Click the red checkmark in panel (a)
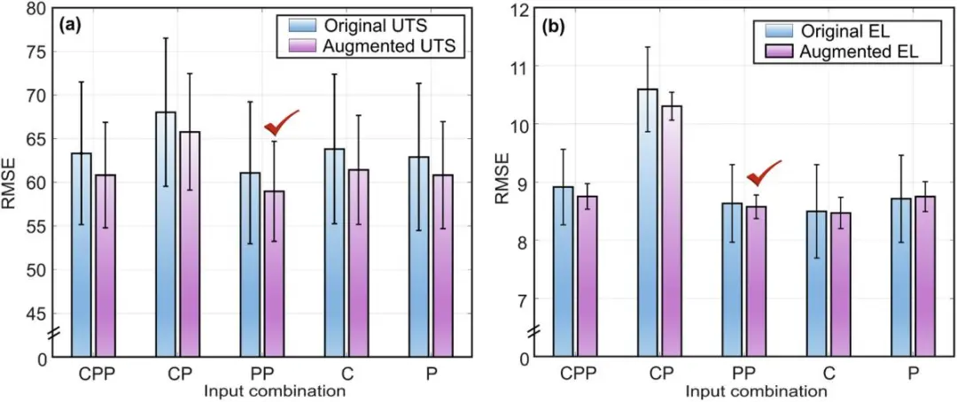[282, 122]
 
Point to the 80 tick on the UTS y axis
[36, 9]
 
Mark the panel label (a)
[71, 26]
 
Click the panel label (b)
[554, 26]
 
